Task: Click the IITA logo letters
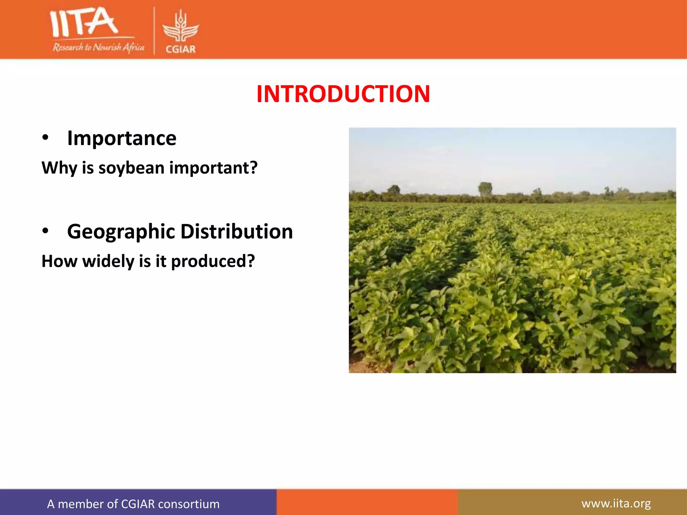click(84, 23)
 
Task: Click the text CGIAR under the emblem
click(180, 49)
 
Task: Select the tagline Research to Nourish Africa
click(98, 47)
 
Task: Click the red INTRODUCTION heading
click(343, 94)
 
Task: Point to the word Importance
click(122, 138)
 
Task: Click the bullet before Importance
click(46, 138)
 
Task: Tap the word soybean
click(133, 168)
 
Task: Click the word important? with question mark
click(213, 168)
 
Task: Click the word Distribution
click(236, 231)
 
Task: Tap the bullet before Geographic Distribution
click(46, 231)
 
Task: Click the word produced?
click(213, 262)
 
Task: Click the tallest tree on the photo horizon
click(485, 189)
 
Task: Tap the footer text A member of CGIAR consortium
click(133, 504)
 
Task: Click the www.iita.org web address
click(616, 503)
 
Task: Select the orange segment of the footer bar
click(367, 502)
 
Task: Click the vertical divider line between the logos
click(154, 31)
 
